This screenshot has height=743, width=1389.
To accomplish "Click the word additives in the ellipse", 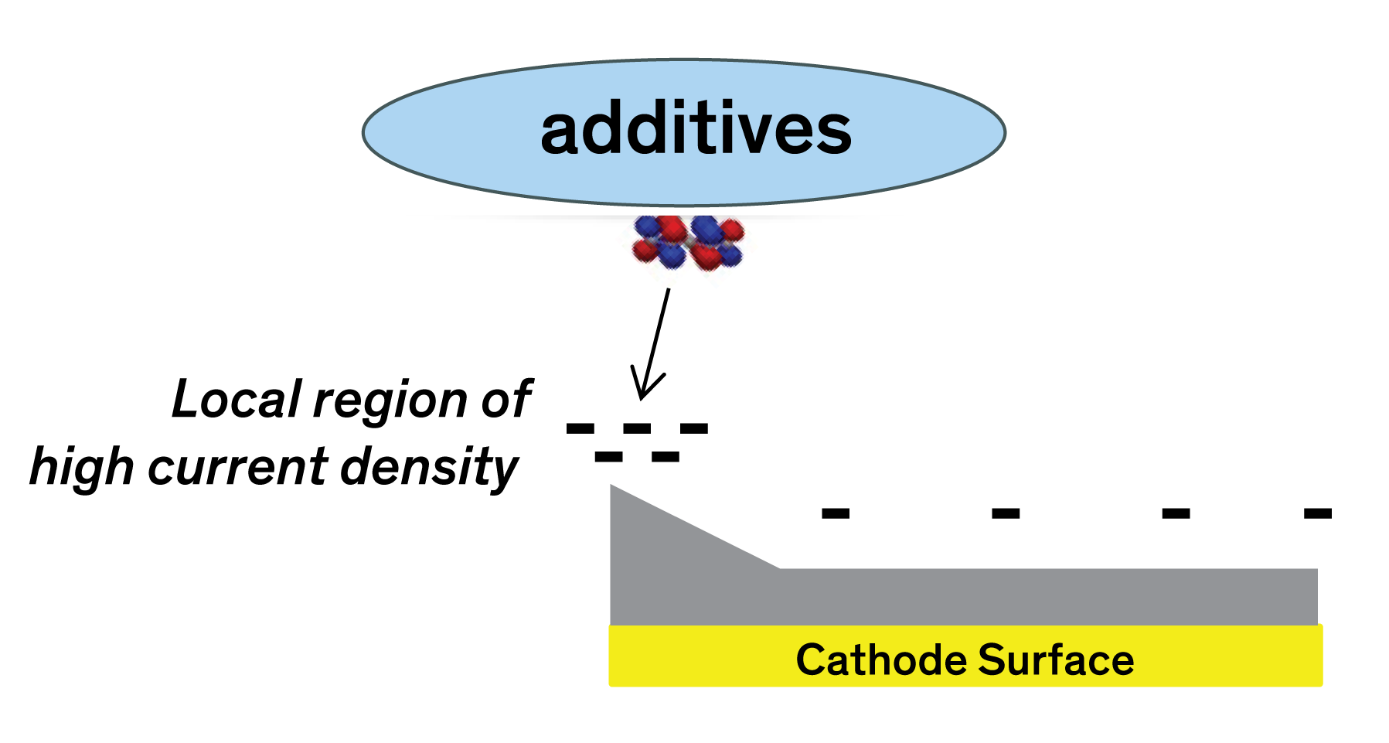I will click(x=696, y=130).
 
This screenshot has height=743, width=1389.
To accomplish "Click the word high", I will click(x=81, y=469).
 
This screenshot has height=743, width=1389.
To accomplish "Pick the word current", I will click(x=239, y=469).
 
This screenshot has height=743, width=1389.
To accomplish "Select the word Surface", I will click(x=1056, y=660).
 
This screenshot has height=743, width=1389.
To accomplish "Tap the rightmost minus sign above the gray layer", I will click(x=1317, y=513).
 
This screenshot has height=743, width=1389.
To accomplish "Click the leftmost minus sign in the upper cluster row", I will click(x=580, y=428).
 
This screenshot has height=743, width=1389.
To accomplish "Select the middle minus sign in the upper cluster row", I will click(x=637, y=428).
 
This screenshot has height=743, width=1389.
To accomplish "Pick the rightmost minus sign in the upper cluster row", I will click(x=693, y=428).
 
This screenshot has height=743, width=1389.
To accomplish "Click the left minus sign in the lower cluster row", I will click(x=608, y=457).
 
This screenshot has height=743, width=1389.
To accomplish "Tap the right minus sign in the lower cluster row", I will click(x=665, y=457).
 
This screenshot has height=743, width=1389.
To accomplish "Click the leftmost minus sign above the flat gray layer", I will click(x=835, y=513).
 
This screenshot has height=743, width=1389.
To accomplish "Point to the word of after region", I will click(x=506, y=400).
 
